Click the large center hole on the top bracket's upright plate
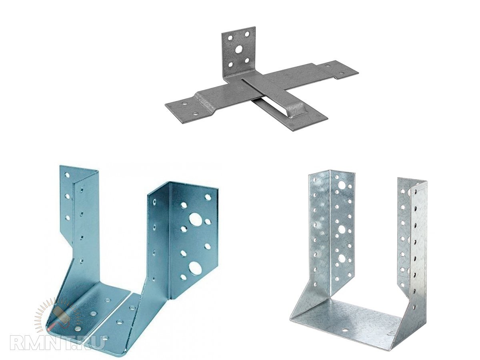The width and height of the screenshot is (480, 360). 239,49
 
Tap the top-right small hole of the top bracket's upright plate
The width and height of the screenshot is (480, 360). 247,34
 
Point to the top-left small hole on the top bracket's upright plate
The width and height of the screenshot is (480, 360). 230,38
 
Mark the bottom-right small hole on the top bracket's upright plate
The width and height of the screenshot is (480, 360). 247,60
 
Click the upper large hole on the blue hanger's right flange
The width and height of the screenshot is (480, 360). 195,219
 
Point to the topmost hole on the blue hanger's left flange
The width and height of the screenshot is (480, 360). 67,175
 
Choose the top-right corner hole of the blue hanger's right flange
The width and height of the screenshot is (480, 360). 207,197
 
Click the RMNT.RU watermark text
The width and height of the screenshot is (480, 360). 58,345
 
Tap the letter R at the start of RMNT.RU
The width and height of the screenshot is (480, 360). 18,345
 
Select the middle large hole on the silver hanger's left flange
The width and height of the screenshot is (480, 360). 341,229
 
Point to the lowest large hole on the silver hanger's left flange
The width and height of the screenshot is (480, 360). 342,259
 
